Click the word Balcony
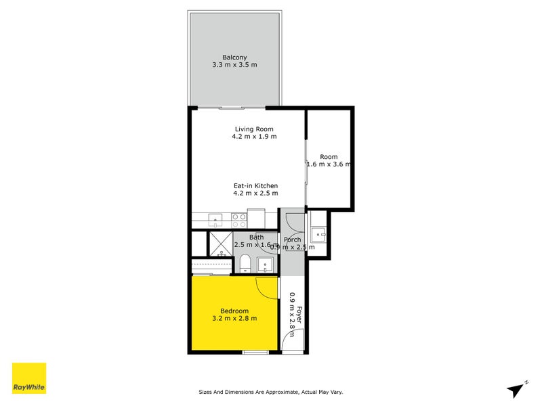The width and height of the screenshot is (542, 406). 235,56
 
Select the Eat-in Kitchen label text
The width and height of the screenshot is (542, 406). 255,186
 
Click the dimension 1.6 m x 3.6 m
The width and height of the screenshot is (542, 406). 329,164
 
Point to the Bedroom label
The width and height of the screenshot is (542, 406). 234,311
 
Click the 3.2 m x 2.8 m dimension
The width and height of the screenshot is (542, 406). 234,319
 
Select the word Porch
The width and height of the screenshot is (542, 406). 292,240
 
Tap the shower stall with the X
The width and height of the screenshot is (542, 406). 220,242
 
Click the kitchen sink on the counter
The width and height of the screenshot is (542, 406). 215,219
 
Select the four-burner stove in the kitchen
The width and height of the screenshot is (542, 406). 238,219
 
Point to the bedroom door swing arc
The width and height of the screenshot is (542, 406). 268,287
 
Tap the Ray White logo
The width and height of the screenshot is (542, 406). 30,378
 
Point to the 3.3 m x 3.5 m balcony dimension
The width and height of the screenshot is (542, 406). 235,65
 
